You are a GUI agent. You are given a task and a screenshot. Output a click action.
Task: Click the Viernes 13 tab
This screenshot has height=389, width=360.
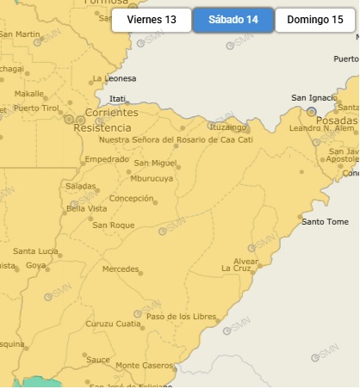click(151, 20)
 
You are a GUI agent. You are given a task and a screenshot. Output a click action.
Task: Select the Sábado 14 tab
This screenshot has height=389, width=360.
click(233, 20)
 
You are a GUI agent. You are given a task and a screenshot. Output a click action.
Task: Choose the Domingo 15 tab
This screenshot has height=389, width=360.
click(314, 20)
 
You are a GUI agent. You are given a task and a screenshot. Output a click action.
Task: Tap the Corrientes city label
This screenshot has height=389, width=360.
click(111, 113)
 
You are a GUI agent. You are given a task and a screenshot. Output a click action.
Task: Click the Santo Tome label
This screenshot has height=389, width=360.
click(325, 221)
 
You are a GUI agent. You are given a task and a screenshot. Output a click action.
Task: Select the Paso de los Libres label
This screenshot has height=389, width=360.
click(181, 317)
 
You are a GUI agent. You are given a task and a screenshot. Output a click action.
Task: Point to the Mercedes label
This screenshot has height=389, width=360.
click(120, 269)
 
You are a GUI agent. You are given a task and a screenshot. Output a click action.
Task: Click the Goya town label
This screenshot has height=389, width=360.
click(35, 265)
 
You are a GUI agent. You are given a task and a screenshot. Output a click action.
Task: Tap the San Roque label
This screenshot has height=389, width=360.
click(114, 225)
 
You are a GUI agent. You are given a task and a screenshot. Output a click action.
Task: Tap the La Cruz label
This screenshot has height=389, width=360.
click(236, 268)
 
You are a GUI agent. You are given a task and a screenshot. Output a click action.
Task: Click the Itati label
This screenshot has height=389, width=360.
click(118, 99)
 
